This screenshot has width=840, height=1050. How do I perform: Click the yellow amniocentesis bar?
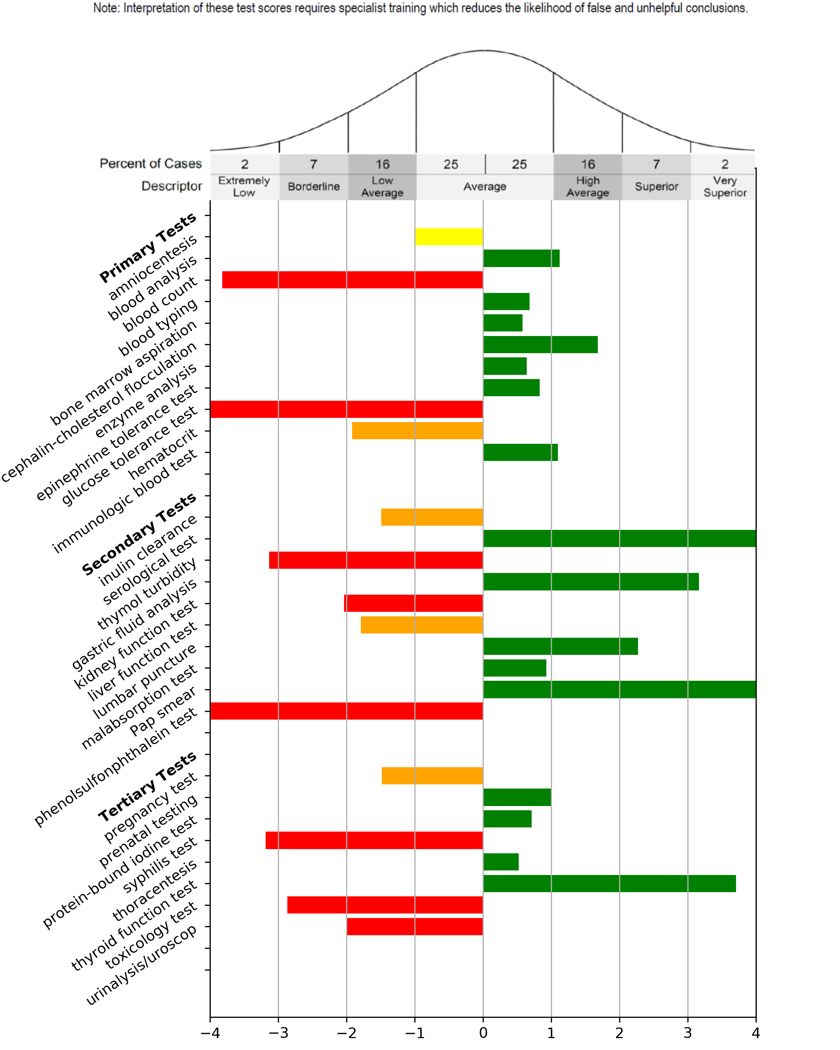click(448, 237)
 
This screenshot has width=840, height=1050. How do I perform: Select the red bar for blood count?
click(352, 280)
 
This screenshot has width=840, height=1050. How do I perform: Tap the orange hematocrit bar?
click(417, 430)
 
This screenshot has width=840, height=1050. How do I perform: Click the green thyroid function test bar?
click(609, 883)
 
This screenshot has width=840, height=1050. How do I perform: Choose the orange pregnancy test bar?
click(432, 775)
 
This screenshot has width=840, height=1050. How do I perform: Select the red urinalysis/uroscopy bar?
click(414, 926)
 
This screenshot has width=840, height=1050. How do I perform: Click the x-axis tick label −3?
click(278, 1033)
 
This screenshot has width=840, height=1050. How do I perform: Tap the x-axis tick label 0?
click(483, 1033)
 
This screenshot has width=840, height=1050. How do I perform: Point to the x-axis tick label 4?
click(755, 1033)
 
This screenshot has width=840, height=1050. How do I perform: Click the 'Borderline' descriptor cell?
click(314, 187)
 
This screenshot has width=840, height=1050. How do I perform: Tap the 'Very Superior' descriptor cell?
click(724, 187)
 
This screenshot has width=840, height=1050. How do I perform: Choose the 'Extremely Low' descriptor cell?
click(244, 187)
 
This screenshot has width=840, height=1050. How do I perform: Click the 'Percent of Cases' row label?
click(150, 164)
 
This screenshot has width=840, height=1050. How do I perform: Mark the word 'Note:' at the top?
click(107, 8)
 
